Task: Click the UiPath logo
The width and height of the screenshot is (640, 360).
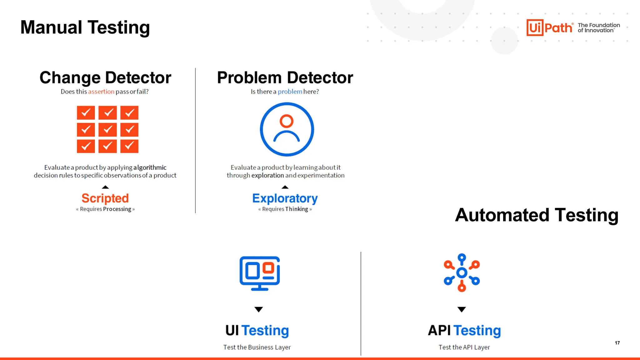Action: coord(549,27)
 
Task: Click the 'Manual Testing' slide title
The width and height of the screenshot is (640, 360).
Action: coord(85,27)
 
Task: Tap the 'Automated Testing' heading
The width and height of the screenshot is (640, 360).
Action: coord(537,215)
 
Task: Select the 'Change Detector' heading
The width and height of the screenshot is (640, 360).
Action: coord(105,77)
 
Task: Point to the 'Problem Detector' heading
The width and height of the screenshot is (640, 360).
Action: coord(285,77)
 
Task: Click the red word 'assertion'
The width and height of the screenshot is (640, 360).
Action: coord(101,92)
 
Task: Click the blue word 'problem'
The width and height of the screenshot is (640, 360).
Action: coord(290,92)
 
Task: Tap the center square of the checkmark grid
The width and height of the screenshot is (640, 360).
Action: coord(107,129)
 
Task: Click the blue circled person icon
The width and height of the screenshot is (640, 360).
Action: coord(287,129)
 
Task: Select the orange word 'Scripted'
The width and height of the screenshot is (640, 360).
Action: coord(105,198)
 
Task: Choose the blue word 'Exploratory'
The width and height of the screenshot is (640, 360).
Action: coord(285,198)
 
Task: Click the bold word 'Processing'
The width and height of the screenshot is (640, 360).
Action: coord(117,209)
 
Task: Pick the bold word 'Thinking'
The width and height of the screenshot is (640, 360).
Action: coord(297,209)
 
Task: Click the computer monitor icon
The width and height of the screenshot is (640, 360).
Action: coord(259,273)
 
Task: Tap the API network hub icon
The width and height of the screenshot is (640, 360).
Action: coord(462,273)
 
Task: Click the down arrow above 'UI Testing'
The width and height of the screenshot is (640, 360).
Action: coord(258,309)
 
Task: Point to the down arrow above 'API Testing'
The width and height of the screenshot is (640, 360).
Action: coord(462,309)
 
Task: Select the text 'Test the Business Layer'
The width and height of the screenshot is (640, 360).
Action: coord(257,347)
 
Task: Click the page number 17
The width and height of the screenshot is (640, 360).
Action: coord(617,343)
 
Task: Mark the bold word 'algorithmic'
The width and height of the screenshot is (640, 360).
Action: coord(150,167)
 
